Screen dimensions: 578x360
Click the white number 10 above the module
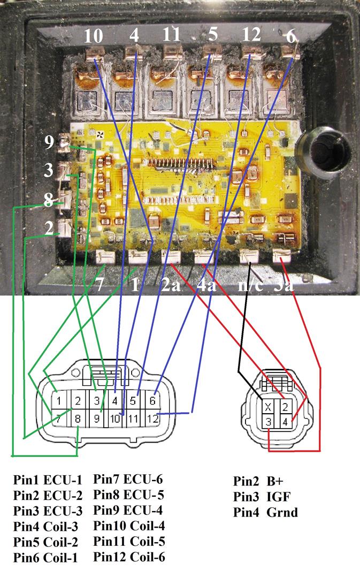click(94, 36)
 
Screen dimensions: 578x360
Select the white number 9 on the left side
click(50, 142)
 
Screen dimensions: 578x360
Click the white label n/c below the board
click(249, 284)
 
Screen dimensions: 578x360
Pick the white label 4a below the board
click(206, 284)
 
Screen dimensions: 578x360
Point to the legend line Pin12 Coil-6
click(129, 557)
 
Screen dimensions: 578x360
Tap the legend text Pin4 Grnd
click(265, 512)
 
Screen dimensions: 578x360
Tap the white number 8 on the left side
click(49, 202)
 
